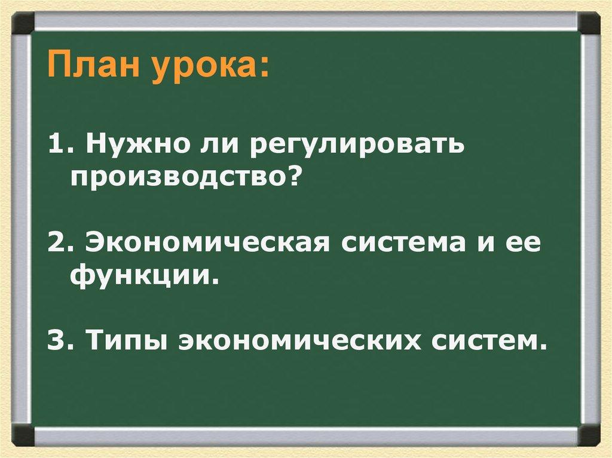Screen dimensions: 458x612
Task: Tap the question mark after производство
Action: pos(290,177)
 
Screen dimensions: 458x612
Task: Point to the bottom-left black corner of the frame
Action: pos(22,434)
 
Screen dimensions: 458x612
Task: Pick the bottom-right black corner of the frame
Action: pos(589,434)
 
